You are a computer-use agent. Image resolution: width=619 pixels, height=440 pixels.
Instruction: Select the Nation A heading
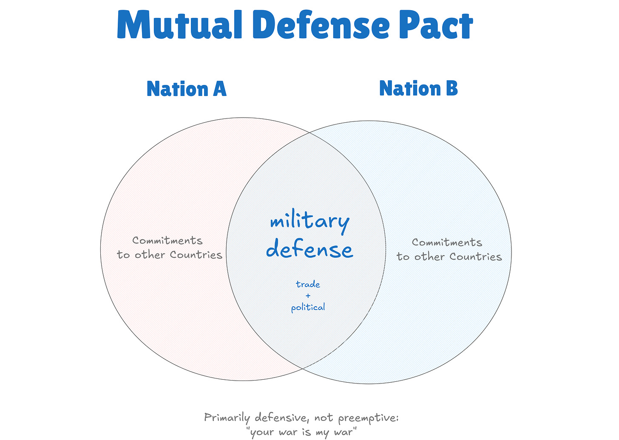186,89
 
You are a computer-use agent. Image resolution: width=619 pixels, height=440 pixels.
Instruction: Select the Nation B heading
418,88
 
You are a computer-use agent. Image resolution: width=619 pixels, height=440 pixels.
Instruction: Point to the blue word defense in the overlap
309,250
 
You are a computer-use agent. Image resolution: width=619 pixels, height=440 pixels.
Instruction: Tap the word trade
308,284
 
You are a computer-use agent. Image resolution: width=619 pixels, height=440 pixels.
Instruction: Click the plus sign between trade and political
308,296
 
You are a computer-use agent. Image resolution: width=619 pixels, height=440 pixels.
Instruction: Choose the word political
308,307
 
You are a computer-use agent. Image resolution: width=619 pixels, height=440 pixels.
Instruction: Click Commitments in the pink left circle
168,240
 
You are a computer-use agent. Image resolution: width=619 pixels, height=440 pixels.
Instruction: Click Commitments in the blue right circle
447,243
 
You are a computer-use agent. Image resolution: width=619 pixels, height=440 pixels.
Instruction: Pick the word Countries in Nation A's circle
196,255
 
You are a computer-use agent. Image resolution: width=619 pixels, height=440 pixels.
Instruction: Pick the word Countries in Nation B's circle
476,257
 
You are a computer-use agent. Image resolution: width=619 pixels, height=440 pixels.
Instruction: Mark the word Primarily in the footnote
227,417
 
